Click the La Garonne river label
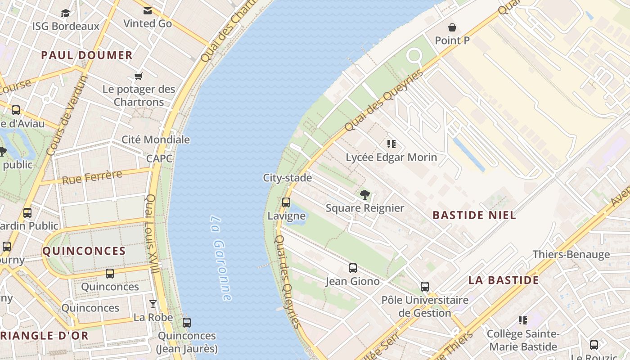(221, 258)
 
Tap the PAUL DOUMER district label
(87, 55)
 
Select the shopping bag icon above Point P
(452, 27)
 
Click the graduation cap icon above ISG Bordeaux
(66, 13)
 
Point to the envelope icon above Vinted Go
(147, 11)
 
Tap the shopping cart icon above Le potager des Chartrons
(139, 76)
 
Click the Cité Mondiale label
(156, 139)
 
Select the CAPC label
(159, 158)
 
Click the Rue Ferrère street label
(92, 177)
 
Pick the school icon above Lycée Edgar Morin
(391, 144)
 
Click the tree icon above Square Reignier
(365, 195)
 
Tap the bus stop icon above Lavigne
(286, 202)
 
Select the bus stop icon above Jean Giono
(353, 268)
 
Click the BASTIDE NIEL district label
(474, 215)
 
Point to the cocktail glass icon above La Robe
(153, 304)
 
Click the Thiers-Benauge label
(571, 254)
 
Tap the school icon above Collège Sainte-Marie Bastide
(523, 320)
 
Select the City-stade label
(287, 178)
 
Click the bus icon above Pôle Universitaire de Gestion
(424, 287)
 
